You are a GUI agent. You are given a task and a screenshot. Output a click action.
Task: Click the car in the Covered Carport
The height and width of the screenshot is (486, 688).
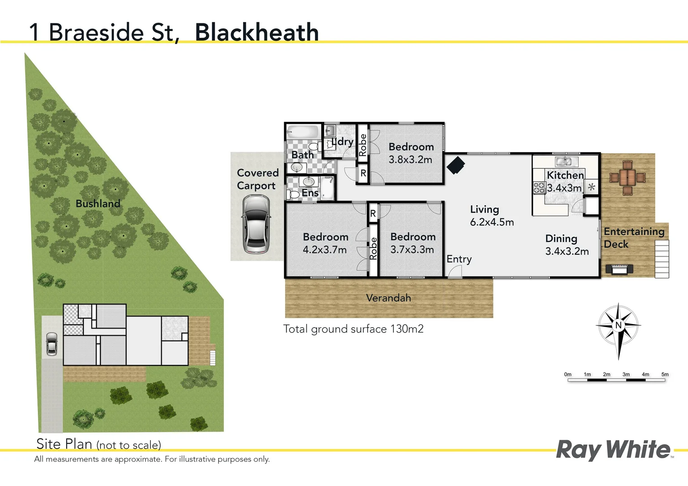256,225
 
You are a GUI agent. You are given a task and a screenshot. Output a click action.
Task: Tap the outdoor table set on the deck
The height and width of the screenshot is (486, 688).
627,177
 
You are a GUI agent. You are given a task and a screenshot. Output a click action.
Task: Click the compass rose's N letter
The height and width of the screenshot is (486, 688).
618,325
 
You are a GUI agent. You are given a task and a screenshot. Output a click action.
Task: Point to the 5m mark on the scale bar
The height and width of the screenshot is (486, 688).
665,374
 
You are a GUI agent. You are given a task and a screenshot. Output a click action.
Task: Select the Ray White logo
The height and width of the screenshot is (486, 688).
613,450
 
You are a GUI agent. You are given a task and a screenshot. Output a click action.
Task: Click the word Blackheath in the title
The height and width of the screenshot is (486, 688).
257,32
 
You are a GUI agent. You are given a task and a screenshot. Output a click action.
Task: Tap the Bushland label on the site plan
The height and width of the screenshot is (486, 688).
98,203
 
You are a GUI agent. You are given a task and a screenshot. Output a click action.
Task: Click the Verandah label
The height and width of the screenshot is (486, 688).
388,298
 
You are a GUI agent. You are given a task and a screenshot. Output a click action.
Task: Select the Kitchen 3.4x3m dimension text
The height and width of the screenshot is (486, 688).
564,188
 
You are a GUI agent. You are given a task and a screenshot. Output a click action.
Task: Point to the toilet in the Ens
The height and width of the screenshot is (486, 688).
293,194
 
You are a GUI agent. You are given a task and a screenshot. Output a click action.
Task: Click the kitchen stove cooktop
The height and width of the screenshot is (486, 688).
539,188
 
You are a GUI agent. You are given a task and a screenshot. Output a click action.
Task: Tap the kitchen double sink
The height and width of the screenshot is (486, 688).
563,162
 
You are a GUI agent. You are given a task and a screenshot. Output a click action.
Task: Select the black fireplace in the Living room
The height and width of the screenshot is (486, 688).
456,165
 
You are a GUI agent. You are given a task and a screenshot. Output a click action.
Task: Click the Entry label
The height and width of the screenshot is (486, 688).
459,259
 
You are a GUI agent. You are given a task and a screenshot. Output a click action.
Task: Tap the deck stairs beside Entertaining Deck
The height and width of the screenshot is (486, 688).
661,259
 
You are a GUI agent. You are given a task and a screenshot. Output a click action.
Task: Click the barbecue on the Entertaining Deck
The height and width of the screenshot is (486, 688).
619,269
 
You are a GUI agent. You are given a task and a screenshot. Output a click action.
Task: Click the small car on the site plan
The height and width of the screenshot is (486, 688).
52,344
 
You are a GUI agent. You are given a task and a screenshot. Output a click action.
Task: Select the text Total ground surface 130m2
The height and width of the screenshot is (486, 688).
353,329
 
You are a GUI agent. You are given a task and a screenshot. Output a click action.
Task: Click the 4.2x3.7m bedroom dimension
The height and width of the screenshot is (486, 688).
325,250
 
